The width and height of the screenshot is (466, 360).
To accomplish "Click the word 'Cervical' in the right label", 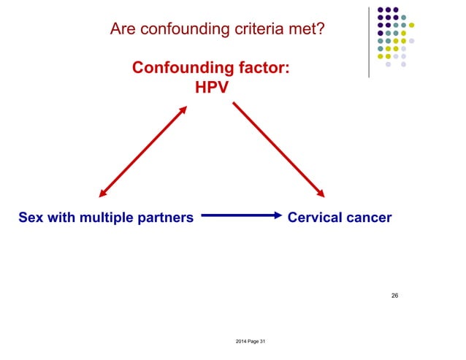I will [x=315, y=217].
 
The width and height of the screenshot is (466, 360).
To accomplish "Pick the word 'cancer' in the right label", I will [x=368, y=217].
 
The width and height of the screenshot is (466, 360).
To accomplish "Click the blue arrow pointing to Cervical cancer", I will [x=240, y=215].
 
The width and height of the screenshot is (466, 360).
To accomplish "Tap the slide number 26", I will [x=394, y=296].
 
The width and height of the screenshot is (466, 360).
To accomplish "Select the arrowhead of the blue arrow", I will [x=277, y=215].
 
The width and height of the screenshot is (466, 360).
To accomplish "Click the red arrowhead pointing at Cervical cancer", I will [x=319, y=193].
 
